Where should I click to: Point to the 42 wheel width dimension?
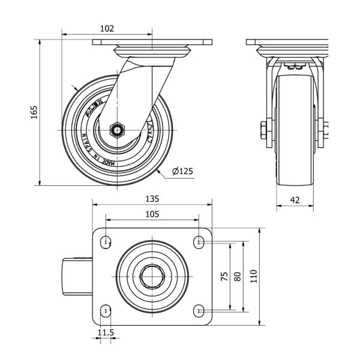pos(295,200)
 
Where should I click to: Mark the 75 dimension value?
pos(224,277)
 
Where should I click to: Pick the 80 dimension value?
pos(238,277)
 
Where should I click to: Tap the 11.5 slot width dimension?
pos(106,332)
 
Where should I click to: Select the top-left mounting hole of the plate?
pos(106,242)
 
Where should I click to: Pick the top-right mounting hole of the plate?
pos(199,242)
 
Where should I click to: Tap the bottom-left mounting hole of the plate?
pos(106,310)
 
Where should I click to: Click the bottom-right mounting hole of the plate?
pos(199,310)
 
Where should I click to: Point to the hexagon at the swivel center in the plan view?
pos(152,277)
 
